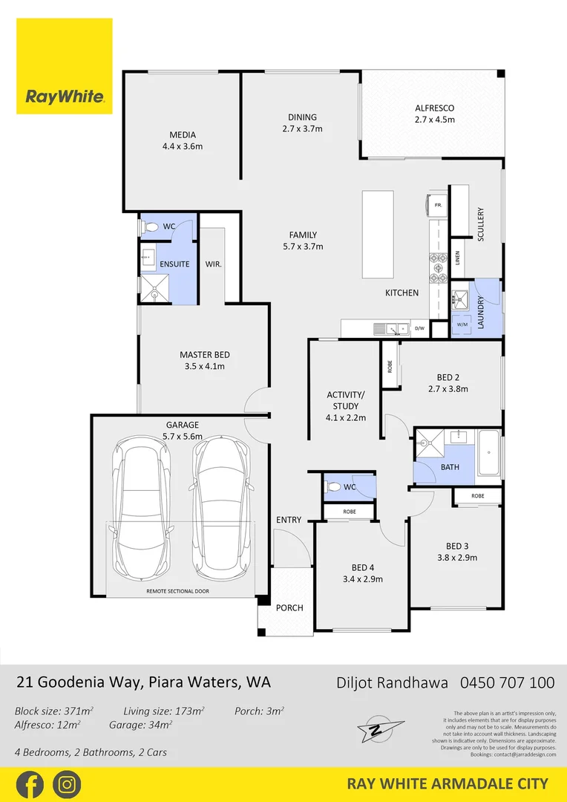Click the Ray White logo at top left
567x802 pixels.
(65, 67)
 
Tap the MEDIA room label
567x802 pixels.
(183, 140)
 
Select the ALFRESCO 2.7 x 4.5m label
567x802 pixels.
(434, 114)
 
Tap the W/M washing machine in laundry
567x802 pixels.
(462, 324)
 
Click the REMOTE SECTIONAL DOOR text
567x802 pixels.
(177, 591)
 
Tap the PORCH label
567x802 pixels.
(289, 607)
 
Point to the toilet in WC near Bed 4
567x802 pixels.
(334, 488)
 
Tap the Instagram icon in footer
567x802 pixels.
(67, 784)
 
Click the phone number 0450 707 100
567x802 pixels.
(508, 682)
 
